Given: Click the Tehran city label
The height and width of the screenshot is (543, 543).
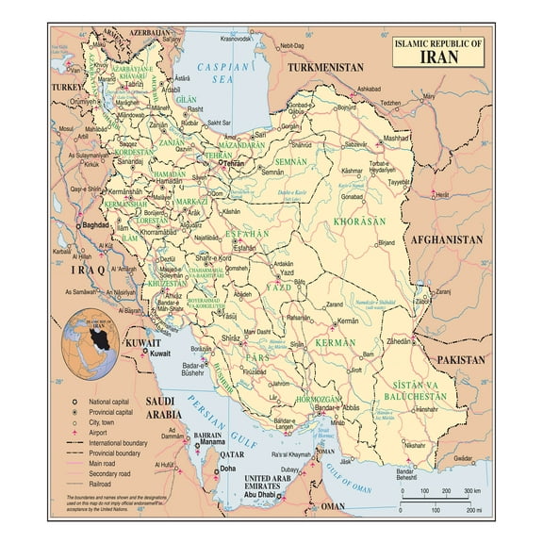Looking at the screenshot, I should point(233,163).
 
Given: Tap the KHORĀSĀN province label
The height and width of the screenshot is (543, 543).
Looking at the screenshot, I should point(359,221).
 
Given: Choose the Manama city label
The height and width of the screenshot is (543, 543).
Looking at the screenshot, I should point(210,440).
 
